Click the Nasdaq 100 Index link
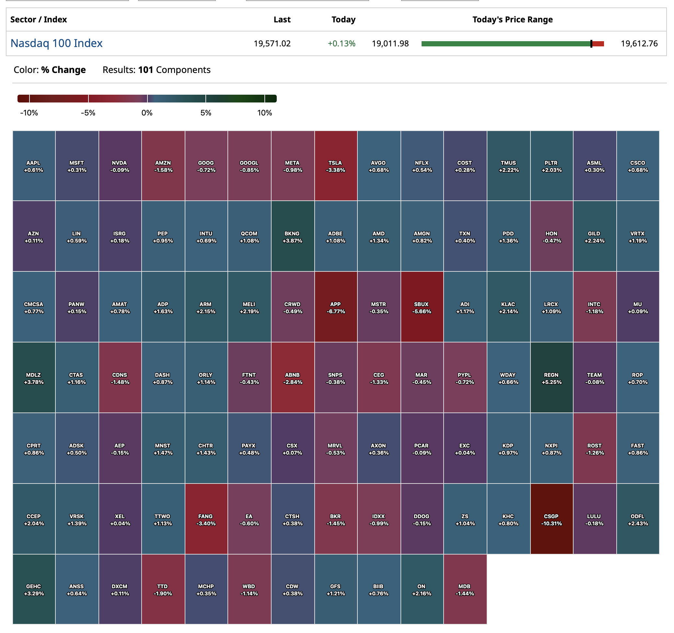point(56,43)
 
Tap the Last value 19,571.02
point(272,43)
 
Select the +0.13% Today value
point(341,43)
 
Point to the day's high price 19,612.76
point(639,43)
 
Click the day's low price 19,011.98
point(390,43)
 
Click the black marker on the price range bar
point(591,43)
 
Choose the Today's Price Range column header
point(512,20)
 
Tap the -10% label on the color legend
point(29,113)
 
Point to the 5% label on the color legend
point(205,113)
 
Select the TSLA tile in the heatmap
point(336,166)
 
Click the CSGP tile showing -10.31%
point(551,519)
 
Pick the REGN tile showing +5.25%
point(551,378)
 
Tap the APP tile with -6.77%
point(336,307)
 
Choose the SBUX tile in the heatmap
point(422,307)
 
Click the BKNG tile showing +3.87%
point(292,236)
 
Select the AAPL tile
point(34,166)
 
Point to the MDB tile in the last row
point(464,589)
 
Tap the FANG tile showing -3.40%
point(206,519)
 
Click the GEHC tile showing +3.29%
point(34,589)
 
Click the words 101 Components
point(174,70)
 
